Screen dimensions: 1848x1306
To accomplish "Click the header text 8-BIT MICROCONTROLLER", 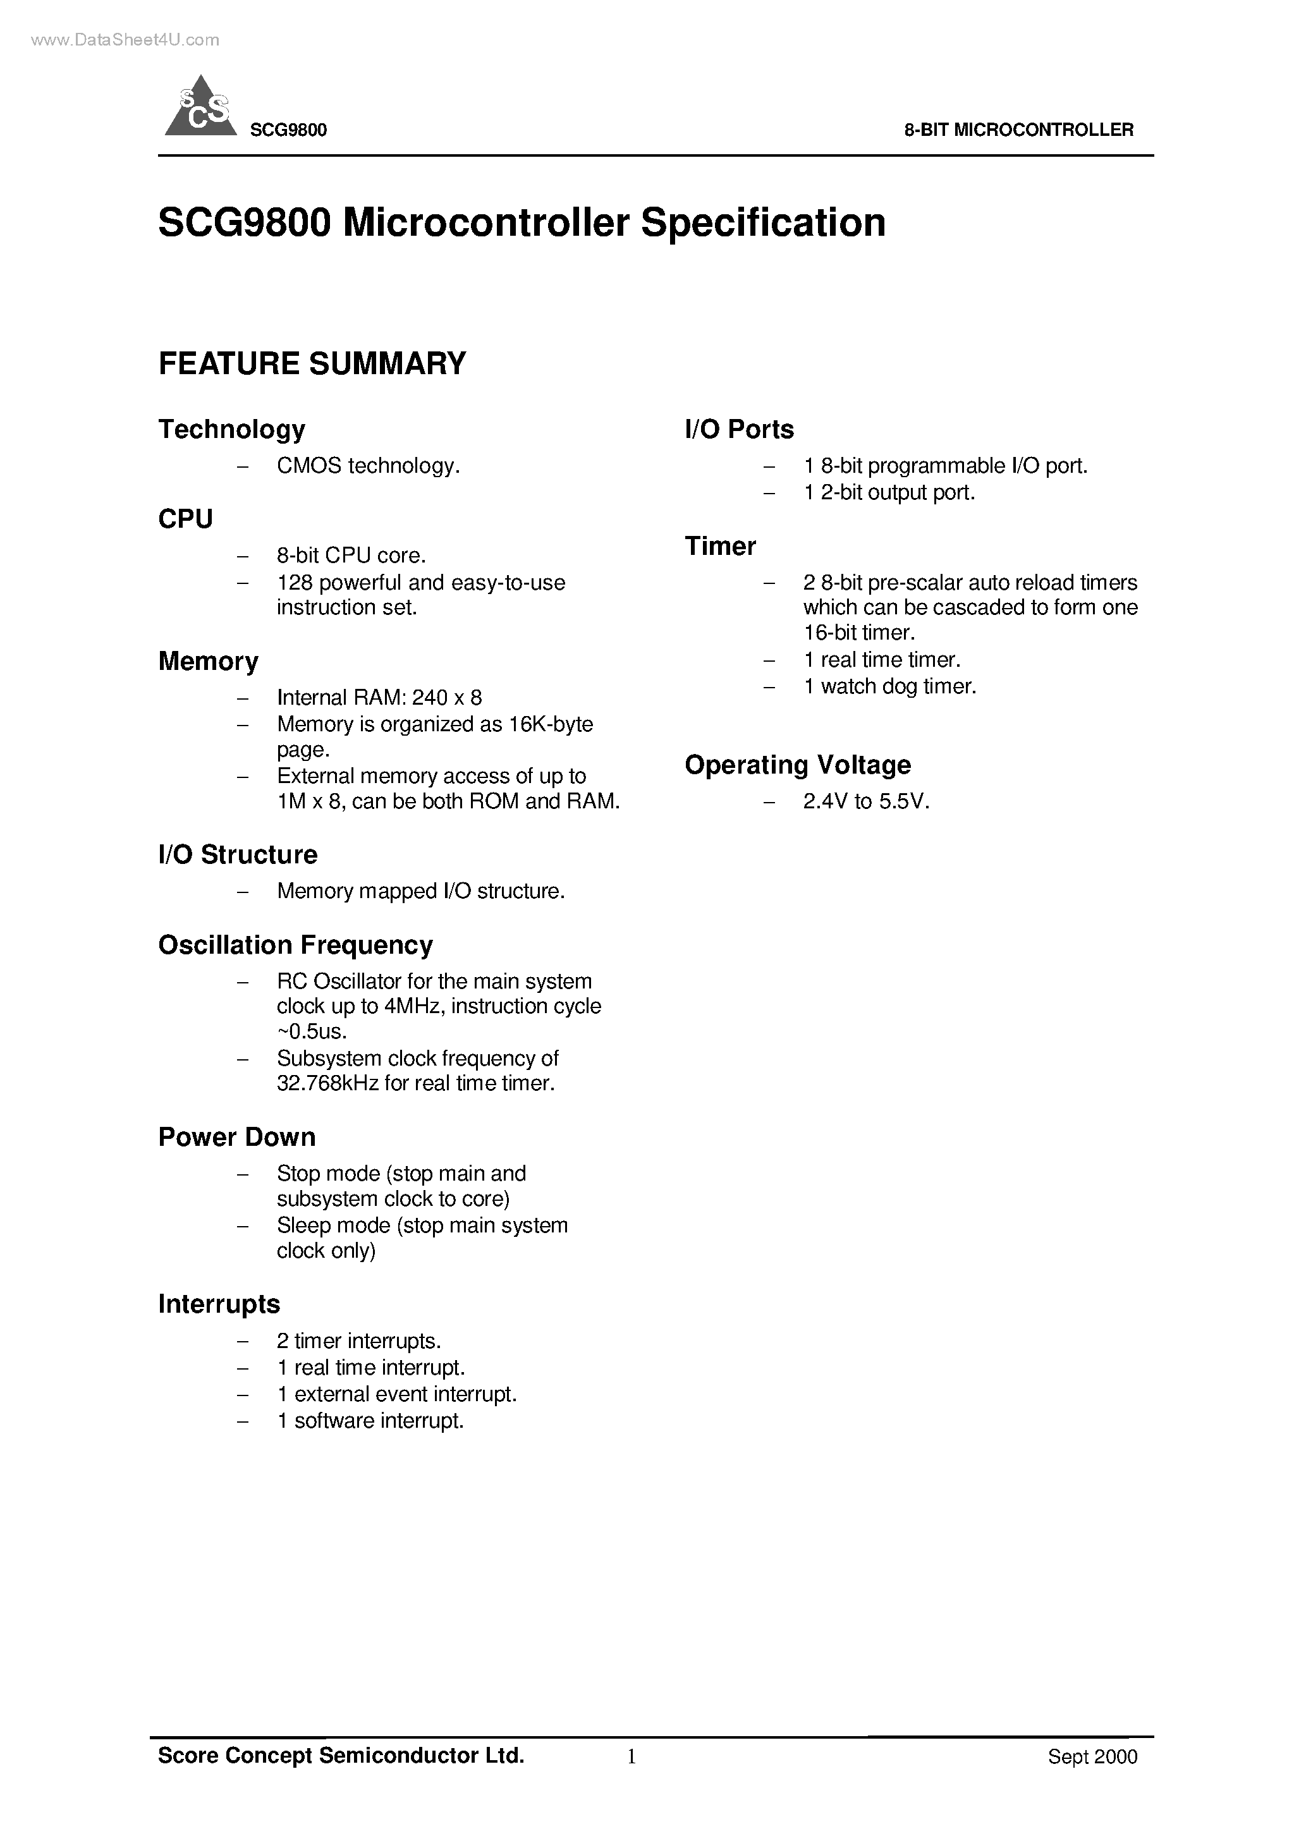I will [1018, 130].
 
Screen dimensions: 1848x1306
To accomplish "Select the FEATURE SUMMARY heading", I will [312, 364].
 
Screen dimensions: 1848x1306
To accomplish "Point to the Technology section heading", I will [232, 430].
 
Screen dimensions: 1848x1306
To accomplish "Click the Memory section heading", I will [209, 662].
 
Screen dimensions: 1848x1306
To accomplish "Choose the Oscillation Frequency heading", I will [295, 945].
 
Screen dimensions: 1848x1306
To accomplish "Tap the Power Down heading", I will [236, 1137].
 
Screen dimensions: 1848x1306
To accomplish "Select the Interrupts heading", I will [219, 1304].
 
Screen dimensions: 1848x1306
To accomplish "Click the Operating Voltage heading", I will [798, 765].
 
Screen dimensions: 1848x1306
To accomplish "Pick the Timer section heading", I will [721, 547].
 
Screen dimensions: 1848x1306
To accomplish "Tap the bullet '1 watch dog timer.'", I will [889, 686].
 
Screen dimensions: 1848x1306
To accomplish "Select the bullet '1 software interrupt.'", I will [370, 1421].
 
